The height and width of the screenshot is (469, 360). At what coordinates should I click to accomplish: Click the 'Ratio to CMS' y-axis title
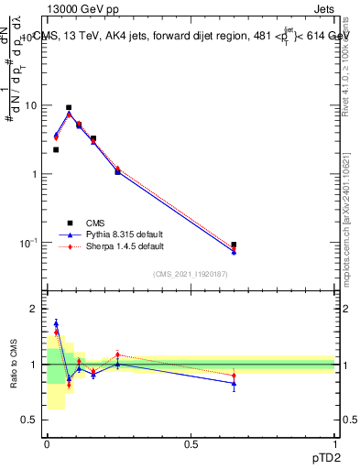tap(14, 365)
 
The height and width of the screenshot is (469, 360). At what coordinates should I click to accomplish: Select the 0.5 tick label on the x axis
tap(191, 443)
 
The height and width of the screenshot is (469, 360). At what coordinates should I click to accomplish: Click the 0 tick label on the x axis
tap(47, 443)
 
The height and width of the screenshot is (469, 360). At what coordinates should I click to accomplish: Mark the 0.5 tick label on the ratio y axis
tap(29, 420)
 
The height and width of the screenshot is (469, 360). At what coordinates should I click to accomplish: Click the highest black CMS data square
tap(69, 107)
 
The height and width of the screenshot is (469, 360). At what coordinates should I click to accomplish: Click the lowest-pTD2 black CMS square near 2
tap(56, 149)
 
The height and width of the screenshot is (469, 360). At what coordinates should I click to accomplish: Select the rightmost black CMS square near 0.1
tap(234, 245)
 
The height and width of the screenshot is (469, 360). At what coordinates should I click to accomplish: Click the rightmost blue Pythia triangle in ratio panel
tap(234, 383)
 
